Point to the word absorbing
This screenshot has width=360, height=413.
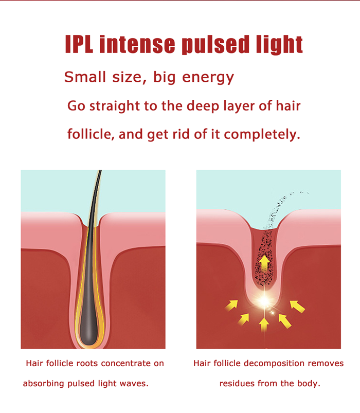[x=43, y=384]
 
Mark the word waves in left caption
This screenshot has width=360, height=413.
[x=135, y=384]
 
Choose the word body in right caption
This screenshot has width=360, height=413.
[x=308, y=384]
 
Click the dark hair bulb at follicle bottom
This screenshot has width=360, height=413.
[x=93, y=325]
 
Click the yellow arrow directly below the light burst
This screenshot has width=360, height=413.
[x=264, y=324]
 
